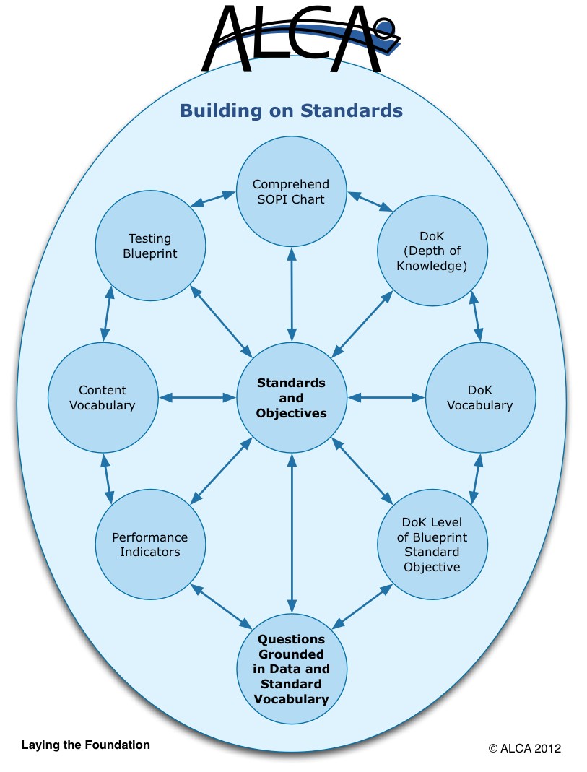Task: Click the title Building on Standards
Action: (291, 110)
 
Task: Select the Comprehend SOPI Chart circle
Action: (291, 191)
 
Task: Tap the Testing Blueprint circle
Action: (150, 246)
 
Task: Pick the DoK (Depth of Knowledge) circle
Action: (432, 251)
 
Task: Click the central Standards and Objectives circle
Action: (291, 398)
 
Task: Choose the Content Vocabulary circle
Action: (103, 398)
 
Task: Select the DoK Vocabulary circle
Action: (480, 398)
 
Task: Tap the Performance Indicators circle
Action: (150, 544)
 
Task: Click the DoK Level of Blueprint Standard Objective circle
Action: (432, 544)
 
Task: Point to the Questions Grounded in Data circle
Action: (291, 669)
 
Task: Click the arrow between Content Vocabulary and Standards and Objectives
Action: (197, 398)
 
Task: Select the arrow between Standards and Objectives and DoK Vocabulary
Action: (386, 398)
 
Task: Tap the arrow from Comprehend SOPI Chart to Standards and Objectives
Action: (292, 295)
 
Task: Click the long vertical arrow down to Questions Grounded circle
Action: (292, 533)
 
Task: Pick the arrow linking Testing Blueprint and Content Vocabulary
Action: (108, 313)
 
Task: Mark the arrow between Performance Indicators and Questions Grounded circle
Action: (221, 606)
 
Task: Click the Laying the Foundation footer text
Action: (86, 745)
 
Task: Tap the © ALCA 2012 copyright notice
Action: (524, 748)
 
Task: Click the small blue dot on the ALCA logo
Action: (386, 27)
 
